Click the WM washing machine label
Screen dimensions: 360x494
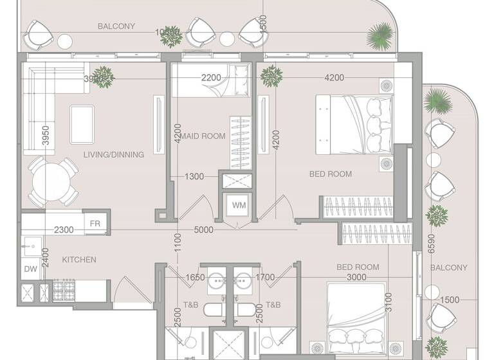click(239, 206)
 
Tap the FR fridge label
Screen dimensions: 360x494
click(95, 223)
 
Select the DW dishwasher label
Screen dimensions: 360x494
click(30, 269)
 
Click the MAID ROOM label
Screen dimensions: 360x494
click(203, 136)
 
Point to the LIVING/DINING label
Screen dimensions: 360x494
click(114, 154)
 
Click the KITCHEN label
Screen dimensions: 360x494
click(79, 260)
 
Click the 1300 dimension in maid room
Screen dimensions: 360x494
click(194, 176)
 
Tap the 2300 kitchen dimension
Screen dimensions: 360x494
click(63, 230)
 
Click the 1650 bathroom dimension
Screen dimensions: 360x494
click(195, 278)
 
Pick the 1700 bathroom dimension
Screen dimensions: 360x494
click(264, 278)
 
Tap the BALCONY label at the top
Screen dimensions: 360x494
click(116, 26)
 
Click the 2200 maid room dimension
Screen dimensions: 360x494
click(211, 78)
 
